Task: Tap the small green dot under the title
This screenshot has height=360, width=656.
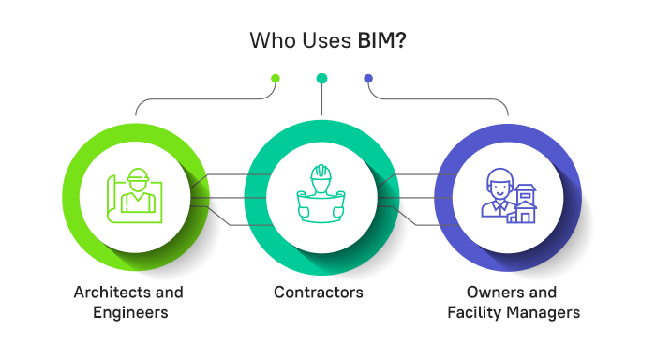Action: (x=275, y=78)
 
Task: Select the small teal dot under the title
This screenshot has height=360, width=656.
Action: (x=321, y=78)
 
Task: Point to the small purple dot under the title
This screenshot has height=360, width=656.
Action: (x=368, y=78)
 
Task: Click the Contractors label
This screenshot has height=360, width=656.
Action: (x=319, y=292)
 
